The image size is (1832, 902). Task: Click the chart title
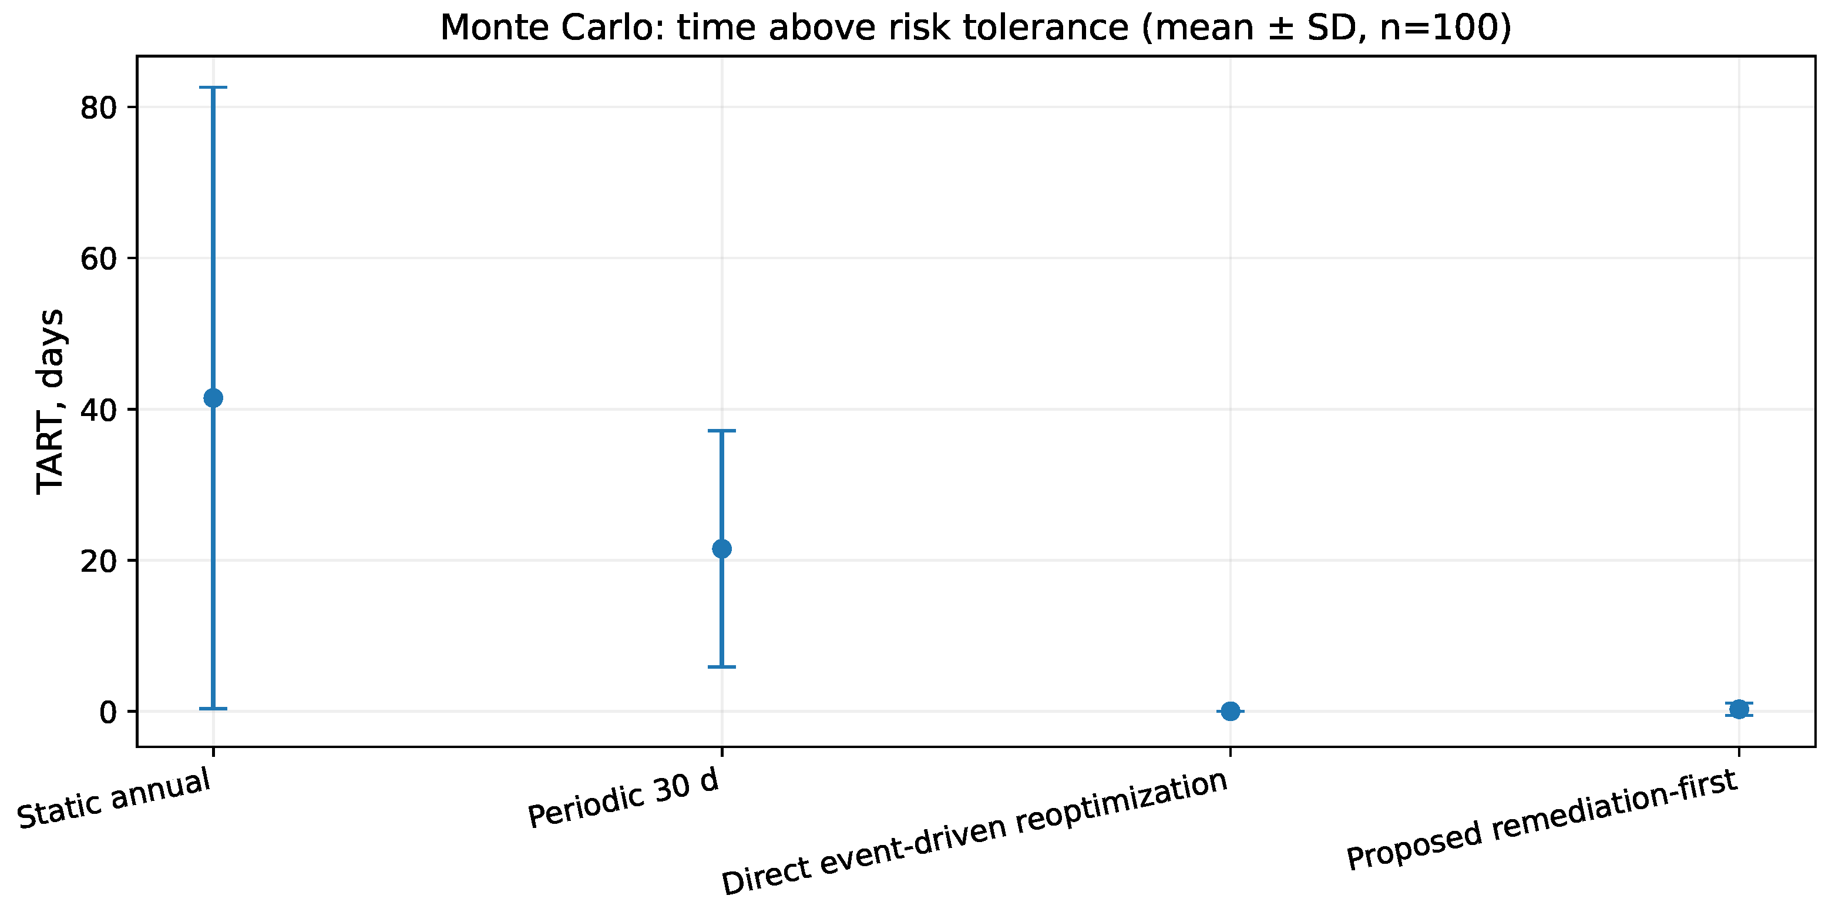click(976, 28)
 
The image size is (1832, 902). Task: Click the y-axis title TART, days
click(51, 401)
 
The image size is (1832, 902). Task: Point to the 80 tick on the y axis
click(98, 108)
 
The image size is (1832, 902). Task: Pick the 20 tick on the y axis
click(98, 561)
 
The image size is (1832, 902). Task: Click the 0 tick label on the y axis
click(108, 712)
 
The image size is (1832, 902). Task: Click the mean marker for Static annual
click(213, 398)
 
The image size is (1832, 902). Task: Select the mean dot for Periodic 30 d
click(721, 548)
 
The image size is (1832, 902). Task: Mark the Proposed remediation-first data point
click(1739, 709)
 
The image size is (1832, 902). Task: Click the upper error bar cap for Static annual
click(213, 88)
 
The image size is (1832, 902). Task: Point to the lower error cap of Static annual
click(213, 709)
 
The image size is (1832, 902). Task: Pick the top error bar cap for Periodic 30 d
click(721, 430)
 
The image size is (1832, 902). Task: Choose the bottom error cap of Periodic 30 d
click(721, 666)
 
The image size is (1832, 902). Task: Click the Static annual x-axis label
click(114, 797)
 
